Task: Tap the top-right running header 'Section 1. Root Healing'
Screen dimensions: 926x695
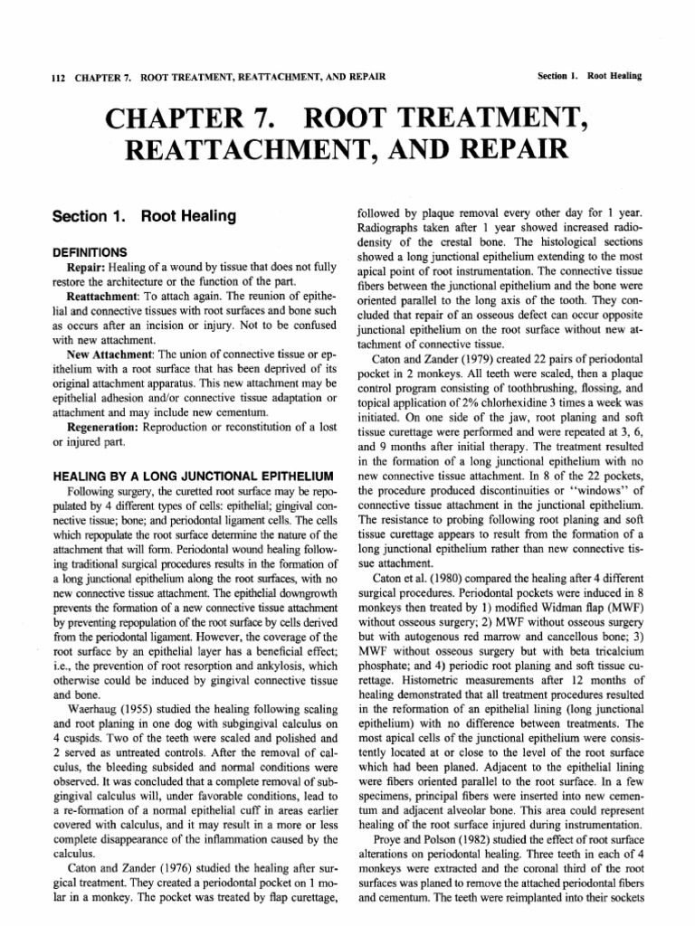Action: click(x=588, y=76)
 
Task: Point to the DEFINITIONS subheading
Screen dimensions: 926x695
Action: click(x=90, y=252)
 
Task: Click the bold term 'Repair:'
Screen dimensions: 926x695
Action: click(x=90, y=269)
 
